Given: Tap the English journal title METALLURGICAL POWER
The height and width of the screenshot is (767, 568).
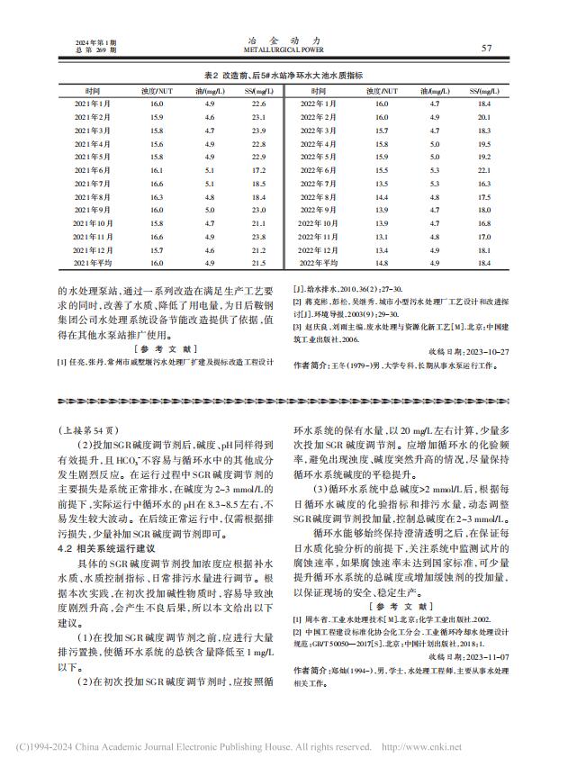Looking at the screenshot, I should click(283, 51).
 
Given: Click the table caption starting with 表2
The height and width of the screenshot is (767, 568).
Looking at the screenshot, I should click(283, 76).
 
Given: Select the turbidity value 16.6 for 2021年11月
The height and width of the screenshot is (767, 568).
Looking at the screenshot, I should click(157, 236).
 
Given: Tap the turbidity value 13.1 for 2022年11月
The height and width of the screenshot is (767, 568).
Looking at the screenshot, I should click(382, 236).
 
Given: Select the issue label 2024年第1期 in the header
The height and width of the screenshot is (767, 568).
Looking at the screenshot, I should click(97, 42).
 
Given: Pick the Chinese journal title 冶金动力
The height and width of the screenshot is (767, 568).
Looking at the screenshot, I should click(283, 41).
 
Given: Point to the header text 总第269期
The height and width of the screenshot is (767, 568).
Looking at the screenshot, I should click(96, 51).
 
